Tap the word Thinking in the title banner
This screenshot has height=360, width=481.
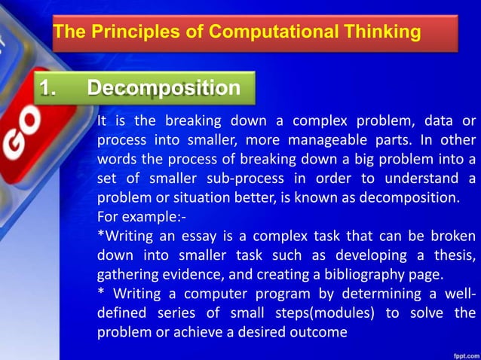click(376, 32)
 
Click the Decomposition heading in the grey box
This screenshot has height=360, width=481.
click(164, 89)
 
